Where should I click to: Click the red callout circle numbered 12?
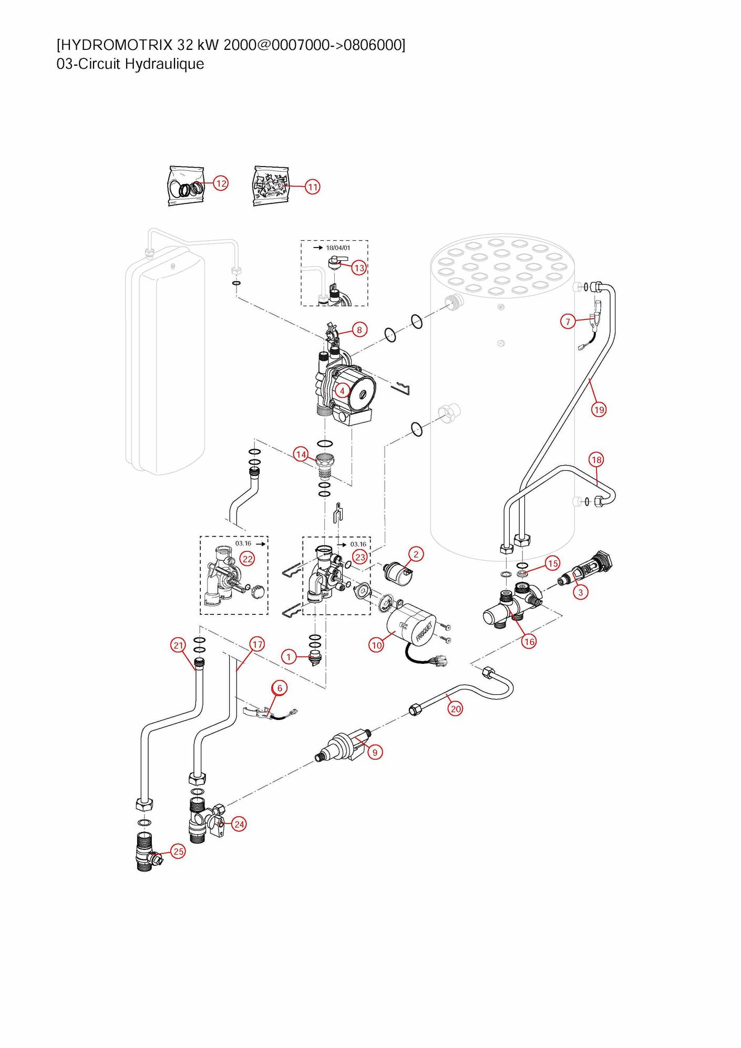pos(221,183)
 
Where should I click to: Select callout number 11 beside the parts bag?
pos(313,187)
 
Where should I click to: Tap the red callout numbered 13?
pos(359,268)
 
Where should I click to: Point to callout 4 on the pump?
pos(342,391)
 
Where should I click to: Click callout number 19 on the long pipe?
pos(599,409)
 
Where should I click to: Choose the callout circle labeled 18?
pos(596,460)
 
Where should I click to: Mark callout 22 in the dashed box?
pos(247,559)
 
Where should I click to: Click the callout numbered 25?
pos(179,851)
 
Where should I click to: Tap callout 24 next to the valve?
pos(239,824)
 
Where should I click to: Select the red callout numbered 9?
pos(375,753)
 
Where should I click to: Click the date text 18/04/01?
pos(338,248)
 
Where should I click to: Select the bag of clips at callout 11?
pos(271,186)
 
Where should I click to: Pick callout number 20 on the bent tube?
pos(456,709)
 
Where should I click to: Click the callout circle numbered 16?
pos(529,641)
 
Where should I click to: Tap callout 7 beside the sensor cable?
pos(568,321)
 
